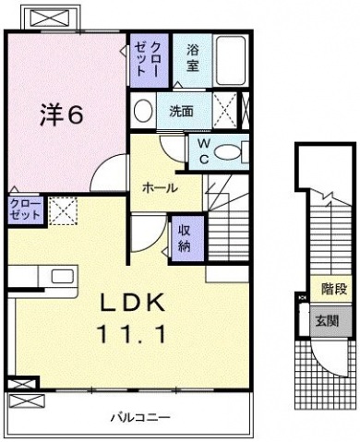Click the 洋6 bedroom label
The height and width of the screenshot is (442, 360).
pos(62,114)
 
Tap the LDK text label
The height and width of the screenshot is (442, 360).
pos(131,304)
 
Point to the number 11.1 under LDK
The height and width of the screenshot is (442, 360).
pos(131,334)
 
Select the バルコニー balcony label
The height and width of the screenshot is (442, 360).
pos(140,417)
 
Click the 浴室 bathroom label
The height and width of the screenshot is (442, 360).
pos(192,58)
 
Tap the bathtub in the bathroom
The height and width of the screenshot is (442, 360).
pos(231,61)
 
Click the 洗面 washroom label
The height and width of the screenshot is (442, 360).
pos(182,112)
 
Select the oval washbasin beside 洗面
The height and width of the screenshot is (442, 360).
pos(143,111)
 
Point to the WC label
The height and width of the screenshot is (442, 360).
pos(203,151)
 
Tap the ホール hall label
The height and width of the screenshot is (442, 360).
pos(160,187)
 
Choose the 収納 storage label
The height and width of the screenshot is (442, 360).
pos(185,239)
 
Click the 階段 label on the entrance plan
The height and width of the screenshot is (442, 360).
pos(334,289)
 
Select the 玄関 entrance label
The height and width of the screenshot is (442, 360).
pos(328,321)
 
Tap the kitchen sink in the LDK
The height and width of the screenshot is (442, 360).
pos(62,276)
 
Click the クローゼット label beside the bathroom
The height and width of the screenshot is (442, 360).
pos(148,59)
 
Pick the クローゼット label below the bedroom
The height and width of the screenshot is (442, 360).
pos(25,209)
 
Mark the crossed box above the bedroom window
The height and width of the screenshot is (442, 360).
pos(50,18)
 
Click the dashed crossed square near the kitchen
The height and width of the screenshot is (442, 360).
pos(64,210)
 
